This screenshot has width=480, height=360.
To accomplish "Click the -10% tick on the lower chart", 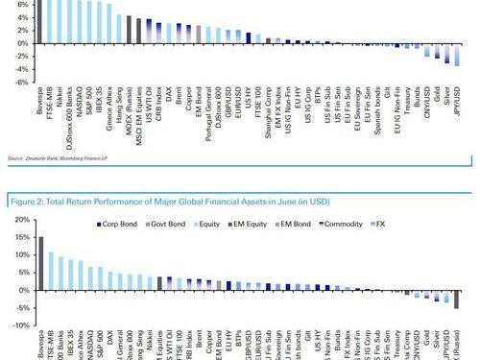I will click(x=17, y=325).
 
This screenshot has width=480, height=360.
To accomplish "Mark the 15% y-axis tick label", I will click(x=18, y=237).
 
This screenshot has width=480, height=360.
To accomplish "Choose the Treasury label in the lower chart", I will click(x=396, y=343).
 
